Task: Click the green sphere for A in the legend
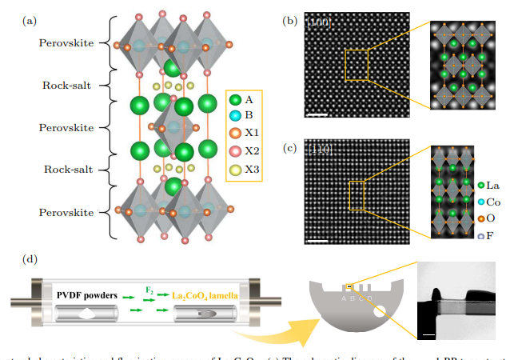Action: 235,100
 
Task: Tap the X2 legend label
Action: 253,151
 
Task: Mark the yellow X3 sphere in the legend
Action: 235,169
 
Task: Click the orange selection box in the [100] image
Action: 357,65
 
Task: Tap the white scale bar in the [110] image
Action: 317,237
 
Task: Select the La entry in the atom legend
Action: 483,186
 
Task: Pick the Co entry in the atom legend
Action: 483,202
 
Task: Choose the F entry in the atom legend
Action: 483,236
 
